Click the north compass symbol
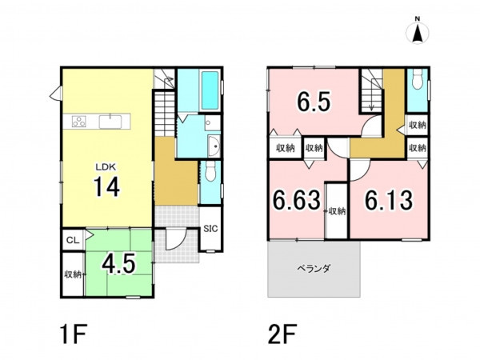pos(418,30)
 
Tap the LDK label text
pos(106,167)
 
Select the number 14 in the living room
pos(106,187)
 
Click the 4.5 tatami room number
pos(118,264)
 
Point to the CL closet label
pos(73,240)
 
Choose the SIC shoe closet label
pos(211,228)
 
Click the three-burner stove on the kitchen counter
pos(78,122)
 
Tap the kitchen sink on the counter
pos(110,122)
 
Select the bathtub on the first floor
pos(210,90)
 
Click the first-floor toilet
pos(210,171)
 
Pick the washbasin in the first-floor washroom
pos(214,146)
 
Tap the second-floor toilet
pos(417,78)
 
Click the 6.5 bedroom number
pos(314,102)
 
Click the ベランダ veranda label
pos(314,269)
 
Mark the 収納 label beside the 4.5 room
pos(73,274)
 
